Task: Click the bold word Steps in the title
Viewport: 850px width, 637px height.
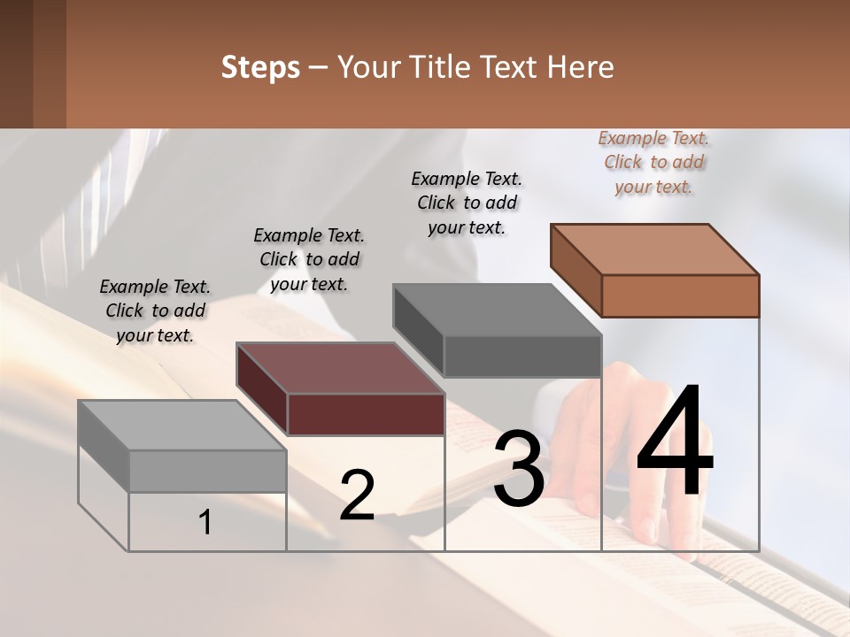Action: click(260, 67)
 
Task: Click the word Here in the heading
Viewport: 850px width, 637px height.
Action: click(581, 67)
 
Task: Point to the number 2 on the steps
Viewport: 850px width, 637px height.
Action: click(357, 495)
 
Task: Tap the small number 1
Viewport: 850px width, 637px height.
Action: click(205, 522)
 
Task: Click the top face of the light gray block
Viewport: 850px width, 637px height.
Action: click(182, 426)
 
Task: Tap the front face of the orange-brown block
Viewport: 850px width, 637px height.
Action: click(680, 295)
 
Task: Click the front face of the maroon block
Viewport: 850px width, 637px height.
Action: click(366, 414)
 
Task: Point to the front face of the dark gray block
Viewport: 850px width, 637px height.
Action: click(522, 356)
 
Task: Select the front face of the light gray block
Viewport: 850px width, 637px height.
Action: click(208, 471)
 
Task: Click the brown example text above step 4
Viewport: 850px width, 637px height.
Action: click(653, 163)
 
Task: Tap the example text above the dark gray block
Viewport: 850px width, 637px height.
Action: click(467, 203)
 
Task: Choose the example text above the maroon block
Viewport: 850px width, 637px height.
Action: click(309, 259)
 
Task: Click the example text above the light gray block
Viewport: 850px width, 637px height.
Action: click(155, 311)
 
